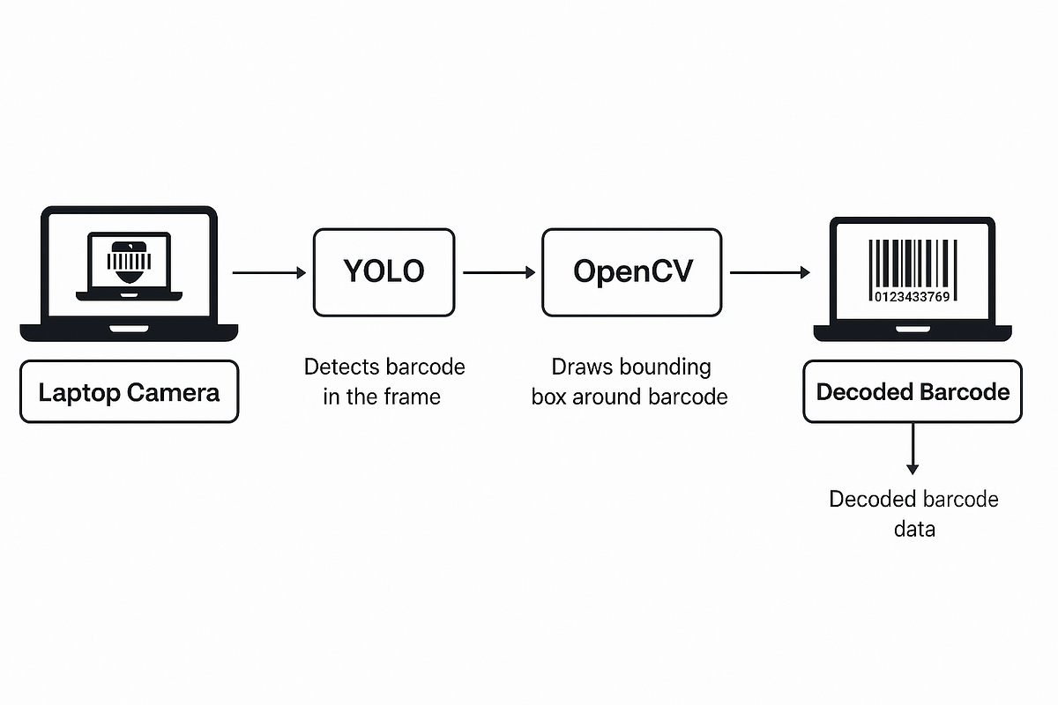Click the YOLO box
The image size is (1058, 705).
(x=384, y=272)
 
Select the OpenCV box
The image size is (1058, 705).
(x=631, y=272)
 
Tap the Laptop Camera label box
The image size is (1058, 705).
(x=129, y=391)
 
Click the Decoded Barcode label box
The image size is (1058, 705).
(x=913, y=391)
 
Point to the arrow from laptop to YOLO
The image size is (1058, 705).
(x=269, y=273)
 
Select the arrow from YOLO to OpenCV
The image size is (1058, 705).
(x=499, y=273)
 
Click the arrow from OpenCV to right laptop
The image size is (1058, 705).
(x=770, y=273)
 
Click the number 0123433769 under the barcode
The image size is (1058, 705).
(x=912, y=296)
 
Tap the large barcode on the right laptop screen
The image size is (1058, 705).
(x=912, y=263)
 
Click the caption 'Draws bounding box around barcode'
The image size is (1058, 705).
(x=630, y=382)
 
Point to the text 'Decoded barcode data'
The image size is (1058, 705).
(x=913, y=514)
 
